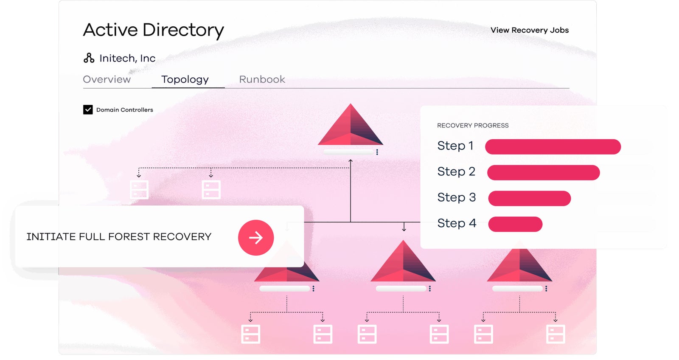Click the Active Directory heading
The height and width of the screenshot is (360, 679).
pyautogui.click(x=153, y=30)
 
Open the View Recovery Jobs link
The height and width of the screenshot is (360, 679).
pyautogui.click(x=529, y=30)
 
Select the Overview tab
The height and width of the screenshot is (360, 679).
pyautogui.click(x=107, y=79)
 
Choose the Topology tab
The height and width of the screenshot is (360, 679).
pyautogui.click(x=185, y=79)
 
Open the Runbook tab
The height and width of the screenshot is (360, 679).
pyautogui.click(x=262, y=79)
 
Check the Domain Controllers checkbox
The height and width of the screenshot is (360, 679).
pyautogui.click(x=88, y=110)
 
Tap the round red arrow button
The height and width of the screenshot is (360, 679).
pyautogui.click(x=256, y=238)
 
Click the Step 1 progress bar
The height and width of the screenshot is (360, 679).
pyautogui.click(x=553, y=147)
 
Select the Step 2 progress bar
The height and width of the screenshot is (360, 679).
pyautogui.click(x=543, y=173)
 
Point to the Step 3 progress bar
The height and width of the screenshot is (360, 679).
pyautogui.click(x=529, y=198)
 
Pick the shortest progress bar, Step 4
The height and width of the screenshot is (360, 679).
pyautogui.click(x=515, y=224)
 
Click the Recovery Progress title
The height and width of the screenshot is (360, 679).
pyautogui.click(x=473, y=126)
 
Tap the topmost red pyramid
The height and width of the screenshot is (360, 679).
pyautogui.click(x=351, y=127)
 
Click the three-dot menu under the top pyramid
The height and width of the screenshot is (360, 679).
pyautogui.click(x=377, y=152)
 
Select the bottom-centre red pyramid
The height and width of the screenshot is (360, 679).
pyautogui.click(x=403, y=263)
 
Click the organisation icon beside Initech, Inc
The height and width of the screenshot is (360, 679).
pyautogui.click(x=89, y=58)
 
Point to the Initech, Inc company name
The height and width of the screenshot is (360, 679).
pyautogui.click(x=127, y=58)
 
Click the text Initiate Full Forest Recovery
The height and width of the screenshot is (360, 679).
pyautogui.click(x=119, y=237)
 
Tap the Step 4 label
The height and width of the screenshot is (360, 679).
pyautogui.click(x=457, y=223)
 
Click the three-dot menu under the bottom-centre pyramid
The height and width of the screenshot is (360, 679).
pyautogui.click(x=430, y=289)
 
